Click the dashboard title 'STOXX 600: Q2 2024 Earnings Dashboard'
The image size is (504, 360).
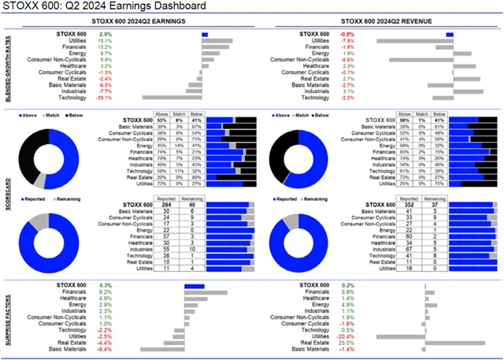click(106, 7)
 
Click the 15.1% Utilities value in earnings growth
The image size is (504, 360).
click(105, 41)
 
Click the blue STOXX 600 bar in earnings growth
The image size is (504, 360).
click(205, 35)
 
